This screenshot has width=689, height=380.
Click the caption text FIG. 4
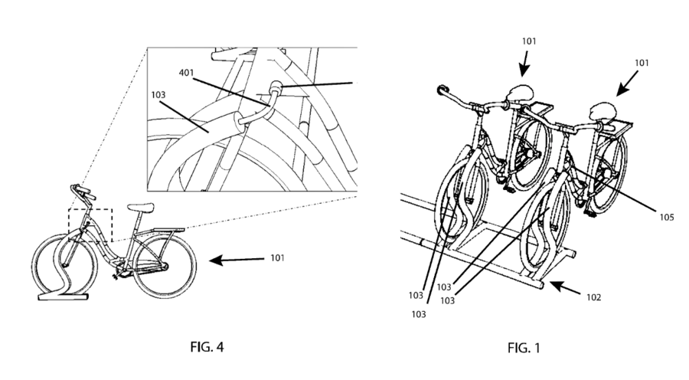[x=207, y=347]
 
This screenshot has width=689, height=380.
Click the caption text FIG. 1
[x=524, y=349]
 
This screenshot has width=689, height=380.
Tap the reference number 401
[x=186, y=73]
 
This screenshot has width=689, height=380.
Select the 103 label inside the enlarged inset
[x=158, y=94]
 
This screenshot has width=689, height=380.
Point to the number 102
[x=593, y=297]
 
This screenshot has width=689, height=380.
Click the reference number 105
[x=667, y=218]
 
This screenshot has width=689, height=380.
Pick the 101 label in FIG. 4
[x=277, y=257]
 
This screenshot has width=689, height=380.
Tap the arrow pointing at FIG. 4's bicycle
[x=237, y=260]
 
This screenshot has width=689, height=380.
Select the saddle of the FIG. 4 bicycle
[x=141, y=207]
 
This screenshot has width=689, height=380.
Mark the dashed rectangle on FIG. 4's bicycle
[x=90, y=225]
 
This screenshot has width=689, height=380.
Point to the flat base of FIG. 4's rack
[x=64, y=297]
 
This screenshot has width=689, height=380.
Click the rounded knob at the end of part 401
[x=276, y=87]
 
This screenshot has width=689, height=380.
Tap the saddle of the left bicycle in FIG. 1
[x=521, y=93]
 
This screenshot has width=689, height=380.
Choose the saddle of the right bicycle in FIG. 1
[x=603, y=111]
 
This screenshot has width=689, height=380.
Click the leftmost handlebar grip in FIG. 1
[x=441, y=90]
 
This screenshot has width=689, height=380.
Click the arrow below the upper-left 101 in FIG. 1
[x=524, y=64]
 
